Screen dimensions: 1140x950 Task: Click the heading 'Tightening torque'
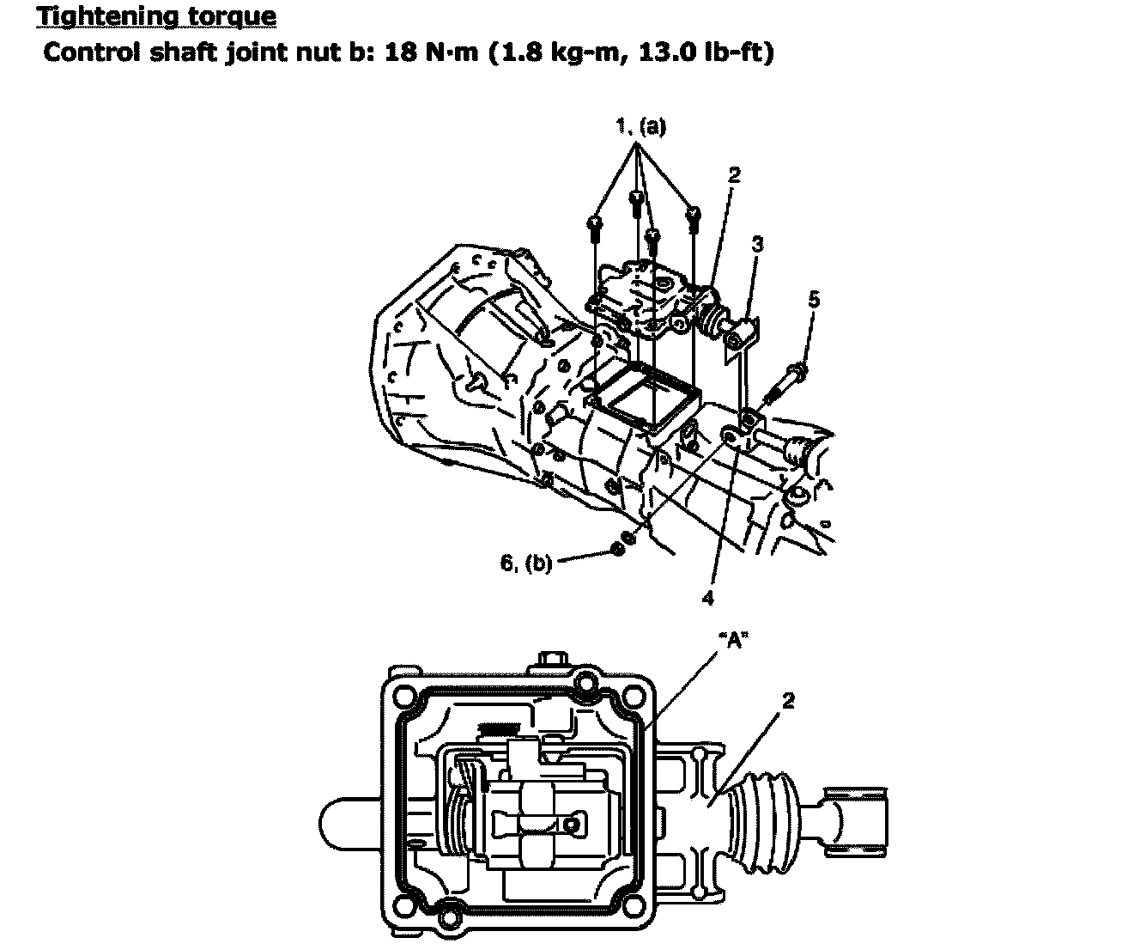[157, 15]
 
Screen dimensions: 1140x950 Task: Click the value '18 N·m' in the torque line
[431, 52]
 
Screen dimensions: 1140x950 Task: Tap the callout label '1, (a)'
[641, 127]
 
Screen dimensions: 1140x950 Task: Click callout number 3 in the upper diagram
[757, 244]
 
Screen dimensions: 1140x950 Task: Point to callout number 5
[814, 300]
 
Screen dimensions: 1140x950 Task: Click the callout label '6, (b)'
[526, 563]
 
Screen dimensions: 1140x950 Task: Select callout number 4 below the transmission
[707, 598]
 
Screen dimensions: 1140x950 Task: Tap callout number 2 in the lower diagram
[788, 700]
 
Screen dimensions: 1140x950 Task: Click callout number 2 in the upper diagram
[734, 175]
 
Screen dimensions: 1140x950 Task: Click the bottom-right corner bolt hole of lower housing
[633, 905]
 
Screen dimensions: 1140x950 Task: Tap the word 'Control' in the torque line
[91, 52]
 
